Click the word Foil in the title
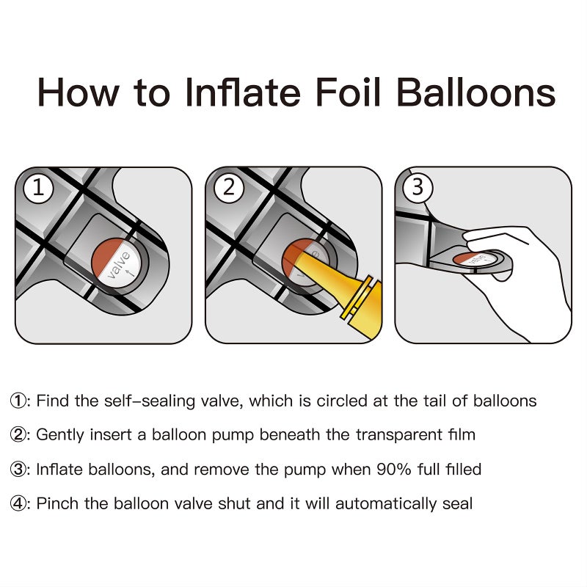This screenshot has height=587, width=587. click(x=347, y=92)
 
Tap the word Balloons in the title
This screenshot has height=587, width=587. click(x=475, y=92)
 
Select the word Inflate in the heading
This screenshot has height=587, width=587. click(x=243, y=92)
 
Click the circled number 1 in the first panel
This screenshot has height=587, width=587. click(x=38, y=187)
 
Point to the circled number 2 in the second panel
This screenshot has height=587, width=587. click(x=228, y=187)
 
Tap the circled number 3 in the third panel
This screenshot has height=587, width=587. click(x=418, y=187)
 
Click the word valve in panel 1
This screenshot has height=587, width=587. click(x=119, y=265)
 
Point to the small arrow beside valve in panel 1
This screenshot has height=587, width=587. click(x=130, y=273)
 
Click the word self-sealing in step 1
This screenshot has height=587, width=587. click(x=149, y=401)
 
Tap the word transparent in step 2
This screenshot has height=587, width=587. click(x=399, y=435)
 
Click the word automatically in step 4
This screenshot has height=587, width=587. click(x=386, y=504)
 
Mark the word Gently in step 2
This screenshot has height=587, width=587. click(x=60, y=435)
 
